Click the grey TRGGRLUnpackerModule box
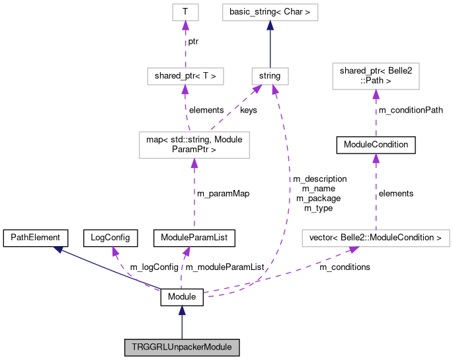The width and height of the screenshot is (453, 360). click(181, 347)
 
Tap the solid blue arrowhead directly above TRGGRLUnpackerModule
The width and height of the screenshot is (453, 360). click(181, 310)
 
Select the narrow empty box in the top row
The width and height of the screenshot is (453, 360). click(185, 12)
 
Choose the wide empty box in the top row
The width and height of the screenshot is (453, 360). click(270, 12)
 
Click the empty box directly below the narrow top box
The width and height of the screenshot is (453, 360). click(185, 76)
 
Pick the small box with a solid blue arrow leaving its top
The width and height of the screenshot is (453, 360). click(270, 76)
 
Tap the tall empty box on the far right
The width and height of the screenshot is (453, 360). click(376, 76)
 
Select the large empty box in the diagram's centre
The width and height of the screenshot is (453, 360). click(194, 145)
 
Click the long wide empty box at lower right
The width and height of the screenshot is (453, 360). click(376, 238)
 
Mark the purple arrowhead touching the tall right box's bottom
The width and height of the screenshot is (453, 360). click(376, 94)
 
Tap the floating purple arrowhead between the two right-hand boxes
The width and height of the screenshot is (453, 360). click(376, 157)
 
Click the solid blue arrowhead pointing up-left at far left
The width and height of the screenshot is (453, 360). click(58, 249)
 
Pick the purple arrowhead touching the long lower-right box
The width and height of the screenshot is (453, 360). click(354, 249)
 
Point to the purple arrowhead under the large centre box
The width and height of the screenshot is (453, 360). click(194, 163)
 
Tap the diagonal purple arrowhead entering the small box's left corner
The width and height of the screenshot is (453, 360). click(256, 89)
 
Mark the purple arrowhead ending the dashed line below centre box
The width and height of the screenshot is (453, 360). click(187, 251)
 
